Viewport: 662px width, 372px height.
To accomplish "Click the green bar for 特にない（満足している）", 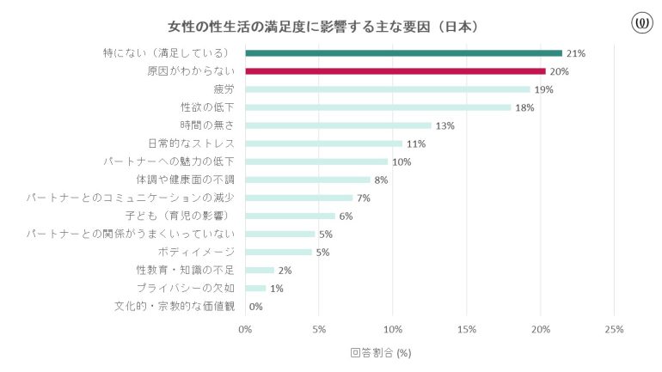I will [403, 53].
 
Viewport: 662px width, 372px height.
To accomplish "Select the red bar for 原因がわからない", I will [395, 71].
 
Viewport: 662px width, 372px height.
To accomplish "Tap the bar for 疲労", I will [387, 89].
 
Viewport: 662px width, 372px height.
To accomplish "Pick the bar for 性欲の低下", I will [377, 107].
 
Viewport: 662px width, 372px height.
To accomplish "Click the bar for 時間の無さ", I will [338, 125].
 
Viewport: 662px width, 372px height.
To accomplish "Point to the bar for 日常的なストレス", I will [323, 143].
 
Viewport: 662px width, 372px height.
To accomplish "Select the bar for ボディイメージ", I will [279, 252].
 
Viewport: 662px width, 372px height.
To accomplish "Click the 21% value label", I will [575, 53].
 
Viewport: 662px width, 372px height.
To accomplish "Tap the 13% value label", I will [444, 125].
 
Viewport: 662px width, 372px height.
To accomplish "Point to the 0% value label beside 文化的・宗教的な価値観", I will [255, 306].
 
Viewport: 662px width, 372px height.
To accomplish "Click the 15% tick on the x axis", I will [467, 329].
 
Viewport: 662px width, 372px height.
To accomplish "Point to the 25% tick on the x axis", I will [614, 329].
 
